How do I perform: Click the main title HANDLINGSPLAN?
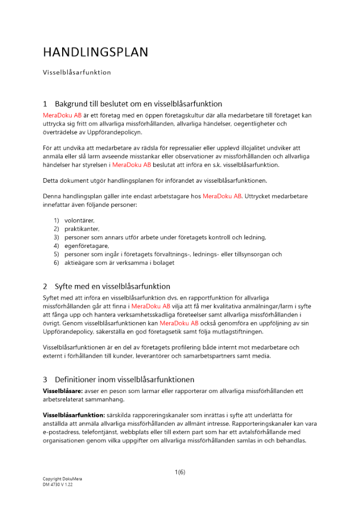coord(95,52)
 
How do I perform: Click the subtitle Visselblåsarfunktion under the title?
coord(77,72)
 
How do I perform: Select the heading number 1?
coord(45,104)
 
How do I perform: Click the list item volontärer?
coord(79,220)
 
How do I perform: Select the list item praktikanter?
coord(82,229)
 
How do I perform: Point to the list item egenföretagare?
coord(87,246)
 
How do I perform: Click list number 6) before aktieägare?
coord(57,263)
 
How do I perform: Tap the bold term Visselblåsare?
coord(61,391)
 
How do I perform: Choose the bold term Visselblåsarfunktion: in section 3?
coord(74,415)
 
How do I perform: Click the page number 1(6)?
coord(180,472)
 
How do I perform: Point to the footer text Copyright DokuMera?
coord(62,479)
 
